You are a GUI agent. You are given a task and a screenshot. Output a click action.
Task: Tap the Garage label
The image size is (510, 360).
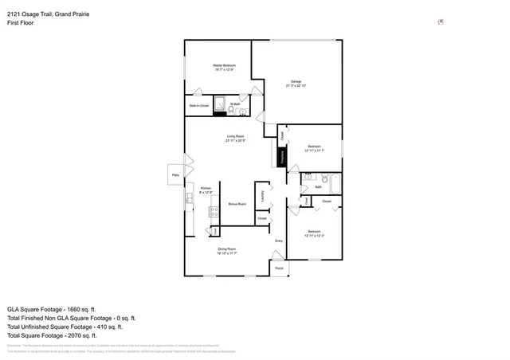point(296,82)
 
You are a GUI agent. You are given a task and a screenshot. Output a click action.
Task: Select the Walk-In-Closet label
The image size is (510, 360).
point(198,105)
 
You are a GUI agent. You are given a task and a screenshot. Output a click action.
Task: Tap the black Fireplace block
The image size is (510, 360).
point(282,157)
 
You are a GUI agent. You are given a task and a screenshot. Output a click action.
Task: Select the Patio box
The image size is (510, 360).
point(175,175)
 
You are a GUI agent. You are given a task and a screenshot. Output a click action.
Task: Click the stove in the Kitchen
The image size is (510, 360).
point(213,211)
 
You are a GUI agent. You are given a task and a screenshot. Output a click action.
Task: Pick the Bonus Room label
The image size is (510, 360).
point(237,204)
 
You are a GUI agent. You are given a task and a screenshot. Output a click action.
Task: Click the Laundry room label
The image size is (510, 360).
point(262,194)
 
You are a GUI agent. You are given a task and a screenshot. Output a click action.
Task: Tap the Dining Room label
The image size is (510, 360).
point(227,249)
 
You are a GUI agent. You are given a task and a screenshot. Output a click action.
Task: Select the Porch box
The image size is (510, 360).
point(279,268)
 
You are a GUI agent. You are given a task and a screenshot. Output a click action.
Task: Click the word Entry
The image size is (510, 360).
point(279,241)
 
